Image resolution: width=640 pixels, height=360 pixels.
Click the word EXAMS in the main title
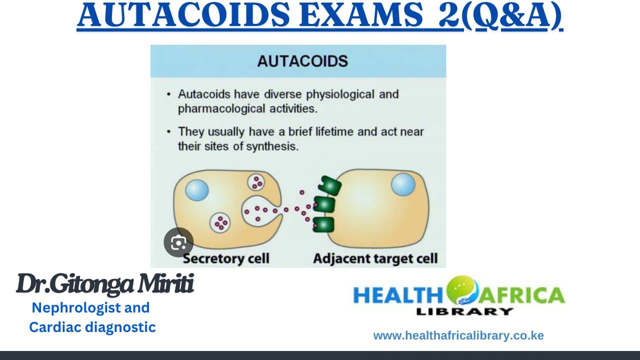(361, 15)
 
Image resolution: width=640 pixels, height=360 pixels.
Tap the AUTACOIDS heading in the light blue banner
(302, 61)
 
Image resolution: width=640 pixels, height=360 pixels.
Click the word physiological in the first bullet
(340, 95)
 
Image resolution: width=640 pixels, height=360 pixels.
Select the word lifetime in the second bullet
(334, 131)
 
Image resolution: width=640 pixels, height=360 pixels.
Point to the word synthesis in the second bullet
(272, 146)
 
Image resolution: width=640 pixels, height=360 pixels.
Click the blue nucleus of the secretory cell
(197, 190)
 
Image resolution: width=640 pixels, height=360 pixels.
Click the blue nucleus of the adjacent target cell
(403, 184)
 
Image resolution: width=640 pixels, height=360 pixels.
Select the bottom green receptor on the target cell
(323, 224)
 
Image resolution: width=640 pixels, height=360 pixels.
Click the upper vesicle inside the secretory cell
(256, 182)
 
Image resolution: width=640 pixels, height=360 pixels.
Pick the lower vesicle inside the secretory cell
(220, 223)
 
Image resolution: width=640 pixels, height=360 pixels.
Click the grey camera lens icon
(178, 242)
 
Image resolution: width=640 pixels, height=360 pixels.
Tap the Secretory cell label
(226, 258)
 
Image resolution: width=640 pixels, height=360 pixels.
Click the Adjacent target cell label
(375, 258)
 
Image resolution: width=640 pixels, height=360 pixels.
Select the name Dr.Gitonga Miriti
(105, 284)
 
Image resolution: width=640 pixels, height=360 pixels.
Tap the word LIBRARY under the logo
(465, 311)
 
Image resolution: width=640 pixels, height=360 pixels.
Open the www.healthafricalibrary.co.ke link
(458, 335)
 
